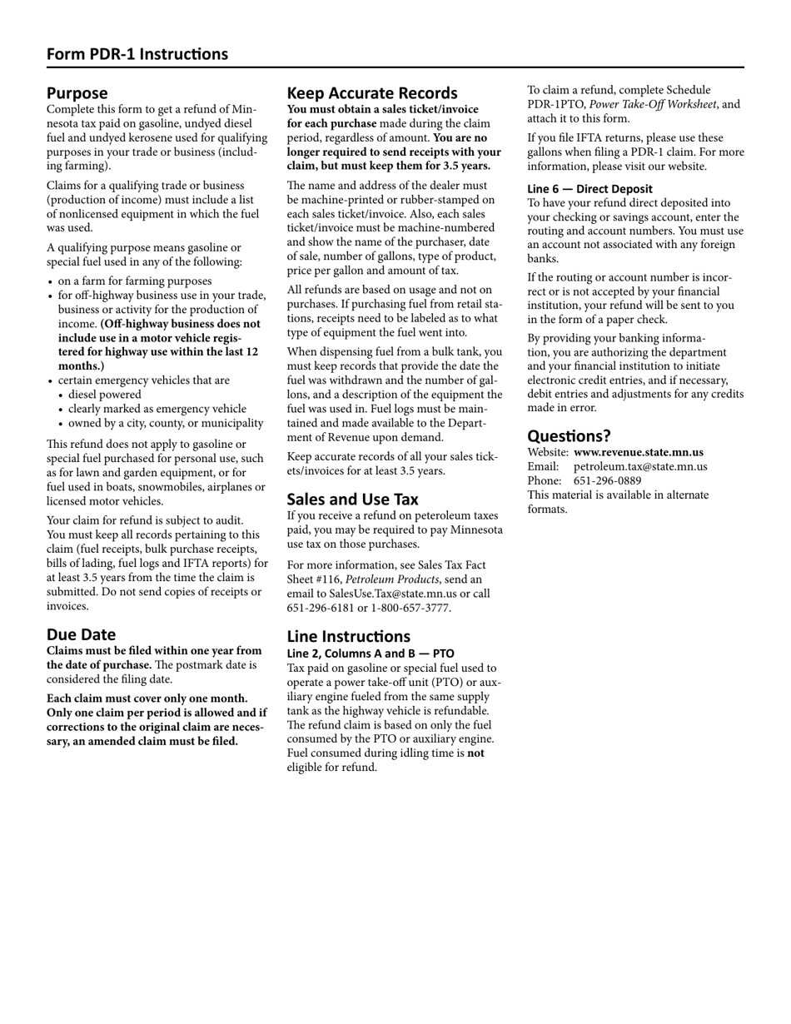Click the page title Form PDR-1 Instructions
click(x=137, y=54)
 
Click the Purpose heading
click(x=77, y=93)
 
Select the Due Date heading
click(x=81, y=634)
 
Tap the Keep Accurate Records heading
click(x=372, y=93)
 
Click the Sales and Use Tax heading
click(x=352, y=500)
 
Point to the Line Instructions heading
click(x=348, y=637)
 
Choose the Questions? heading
click(x=569, y=436)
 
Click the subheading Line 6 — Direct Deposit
click(x=590, y=189)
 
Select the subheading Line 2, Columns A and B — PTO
click(x=371, y=654)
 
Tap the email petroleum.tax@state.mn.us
click(x=640, y=467)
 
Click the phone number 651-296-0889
click(x=607, y=481)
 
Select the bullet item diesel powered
click(x=104, y=395)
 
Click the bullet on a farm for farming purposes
click(x=134, y=281)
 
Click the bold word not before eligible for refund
click(x=475, y=753)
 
